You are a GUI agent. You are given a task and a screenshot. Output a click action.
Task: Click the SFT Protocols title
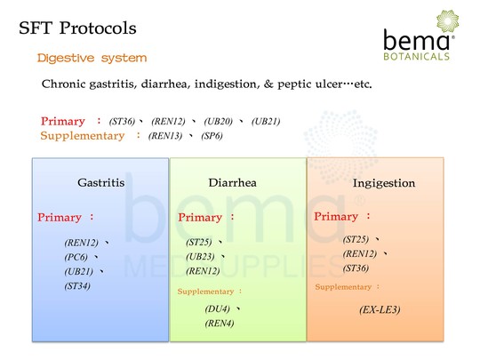pyautogui.click(x=77, y=28)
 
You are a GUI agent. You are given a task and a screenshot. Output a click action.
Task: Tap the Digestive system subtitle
pyautogui.click(x=92, y=58)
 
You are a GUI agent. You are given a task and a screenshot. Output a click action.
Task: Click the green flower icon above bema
pyautogui.click(x=447, y=21)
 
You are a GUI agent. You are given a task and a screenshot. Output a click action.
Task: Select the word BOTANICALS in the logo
pyautogui.click(x=417, y=56)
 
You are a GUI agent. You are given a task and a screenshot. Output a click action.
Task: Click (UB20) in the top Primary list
pyautogui.click(x=219, y=122)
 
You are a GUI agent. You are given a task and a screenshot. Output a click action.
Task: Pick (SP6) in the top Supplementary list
pyautogui.click(x=212, y=136)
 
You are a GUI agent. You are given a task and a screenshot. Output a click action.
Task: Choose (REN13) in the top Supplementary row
pyautogui.click(x=165, y=136)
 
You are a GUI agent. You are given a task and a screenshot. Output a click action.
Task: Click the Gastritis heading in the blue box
pyautogui.click(x=101, y=183)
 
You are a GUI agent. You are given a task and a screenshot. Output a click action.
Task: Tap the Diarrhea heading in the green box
pyautogui.click(x=232, y=183)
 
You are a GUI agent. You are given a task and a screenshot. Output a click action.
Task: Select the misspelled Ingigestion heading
pyautogui.click(x=384, y=183)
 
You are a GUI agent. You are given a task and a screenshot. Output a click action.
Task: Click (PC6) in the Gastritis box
pyautogui.click(x=76, y=257)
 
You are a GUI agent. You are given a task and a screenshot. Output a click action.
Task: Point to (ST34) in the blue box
pyautogui.click(x=77, y=286)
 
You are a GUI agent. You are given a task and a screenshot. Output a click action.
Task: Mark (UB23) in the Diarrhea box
pyautogui.click(x=200, y=257)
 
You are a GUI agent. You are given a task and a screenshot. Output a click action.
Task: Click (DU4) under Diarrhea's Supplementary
pyautogui.click(x=218, y=308)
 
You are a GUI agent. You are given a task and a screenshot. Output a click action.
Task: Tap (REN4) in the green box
pyautogui.click(x=220, y=324)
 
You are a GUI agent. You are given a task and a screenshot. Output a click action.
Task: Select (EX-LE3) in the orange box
pyautogui.click(x=380, y=310)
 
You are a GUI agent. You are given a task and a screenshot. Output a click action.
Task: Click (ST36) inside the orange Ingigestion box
pyautogui.click(x=356, y=268)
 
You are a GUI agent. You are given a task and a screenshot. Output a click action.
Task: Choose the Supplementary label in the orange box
pyautogui.click(x=343, y=287)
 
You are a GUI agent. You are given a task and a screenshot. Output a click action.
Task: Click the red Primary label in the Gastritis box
pyautogui.click(x=60, y=218)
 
